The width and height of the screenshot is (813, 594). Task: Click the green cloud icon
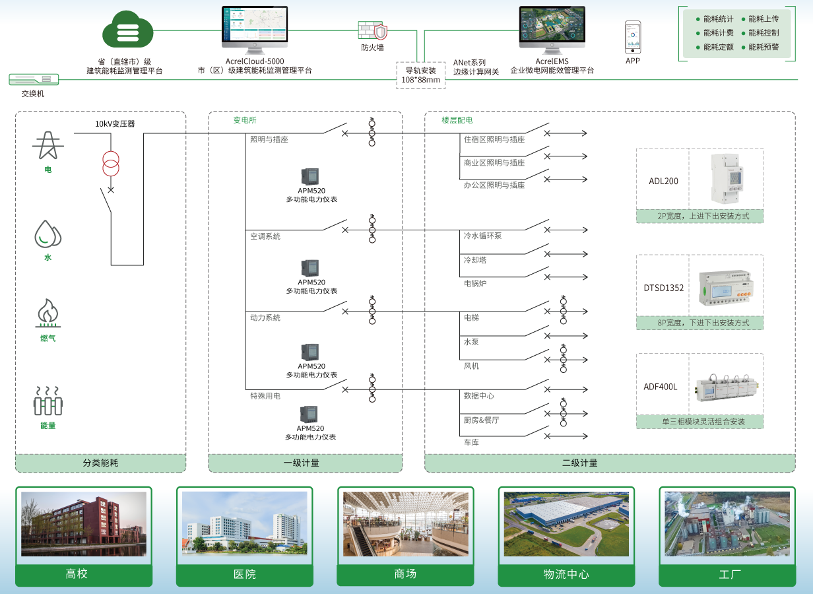click(127, 30)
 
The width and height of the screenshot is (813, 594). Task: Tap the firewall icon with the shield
click(373, 31)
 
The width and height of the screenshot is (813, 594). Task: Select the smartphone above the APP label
click(633, 37)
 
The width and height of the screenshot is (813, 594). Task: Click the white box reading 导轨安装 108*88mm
click(420, 75)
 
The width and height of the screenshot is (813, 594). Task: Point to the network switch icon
click(34, 79)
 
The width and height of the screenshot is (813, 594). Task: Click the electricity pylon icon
click(48, 145)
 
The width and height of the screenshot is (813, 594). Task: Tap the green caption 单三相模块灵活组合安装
click(699, 421)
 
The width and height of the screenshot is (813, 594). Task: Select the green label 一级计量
click(305, 463)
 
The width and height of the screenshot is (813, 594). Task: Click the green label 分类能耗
click(100, 463)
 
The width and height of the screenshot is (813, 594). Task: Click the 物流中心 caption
click(566, 574)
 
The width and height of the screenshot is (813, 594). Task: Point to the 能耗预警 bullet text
click(764, 47)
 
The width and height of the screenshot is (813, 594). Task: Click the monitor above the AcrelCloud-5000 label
click(255, 28)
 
